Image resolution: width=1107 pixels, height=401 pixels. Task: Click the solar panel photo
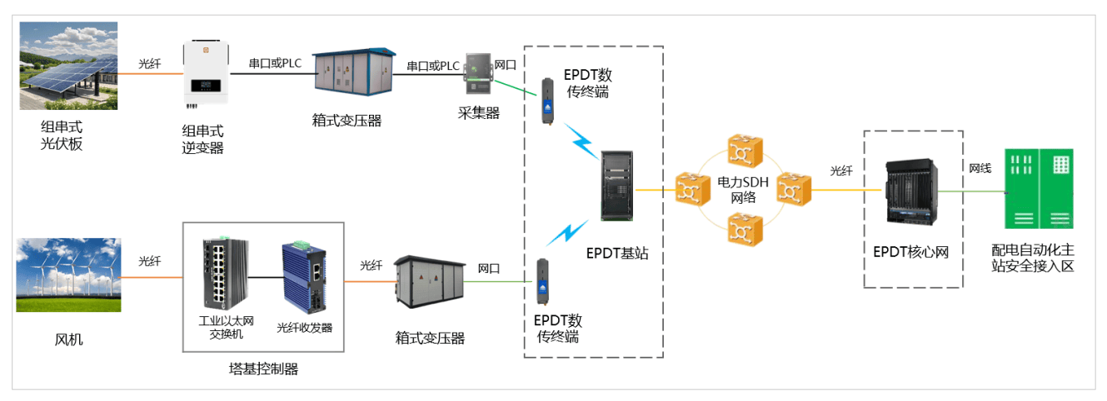tap(67, 66)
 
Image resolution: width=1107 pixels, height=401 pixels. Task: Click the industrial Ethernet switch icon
tap(223, 275)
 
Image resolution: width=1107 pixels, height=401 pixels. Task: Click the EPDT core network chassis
tap(913, 191)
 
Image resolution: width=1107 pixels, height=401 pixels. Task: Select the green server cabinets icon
tap(1039, 189)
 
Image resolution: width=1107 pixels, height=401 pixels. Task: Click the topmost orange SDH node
tap(740, 150)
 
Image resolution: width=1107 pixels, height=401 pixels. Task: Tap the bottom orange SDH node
tap(740, 227)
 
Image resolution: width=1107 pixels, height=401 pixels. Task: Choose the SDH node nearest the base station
tap(692, 189)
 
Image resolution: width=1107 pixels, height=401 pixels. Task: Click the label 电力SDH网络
tap(743, 190)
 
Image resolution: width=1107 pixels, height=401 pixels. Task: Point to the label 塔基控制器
tap(263, 369)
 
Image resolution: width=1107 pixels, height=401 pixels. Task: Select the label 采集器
tap(479, 113)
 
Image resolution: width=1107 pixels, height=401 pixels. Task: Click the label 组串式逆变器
tap(203, 140)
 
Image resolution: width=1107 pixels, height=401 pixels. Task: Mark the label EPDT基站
tap(617, 253)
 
